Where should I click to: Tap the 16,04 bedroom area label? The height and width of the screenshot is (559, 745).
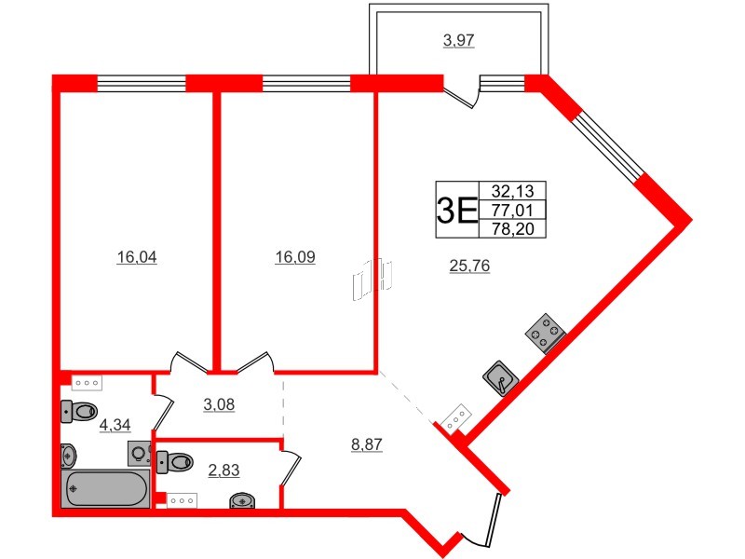pyautogui.click(x=136, y=258)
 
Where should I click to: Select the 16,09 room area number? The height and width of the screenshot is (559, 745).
pyautogui.click(x=295, y=258)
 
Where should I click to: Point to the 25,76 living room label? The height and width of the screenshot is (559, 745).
pyautogui.click(x=469, y=266)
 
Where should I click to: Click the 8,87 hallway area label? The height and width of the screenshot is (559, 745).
pyautogui.click(x=366, y=444)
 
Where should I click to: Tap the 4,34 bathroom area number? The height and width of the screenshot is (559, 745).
pyautogui.click(x=115, y=425)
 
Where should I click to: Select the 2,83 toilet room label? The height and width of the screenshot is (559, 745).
pyautogui.click(x=223, y=470)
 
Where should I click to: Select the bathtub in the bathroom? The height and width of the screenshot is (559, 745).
pyautogui.click(x=105, y=489)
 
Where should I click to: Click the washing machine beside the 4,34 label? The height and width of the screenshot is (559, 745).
pyautogui.click(x=140, y=454)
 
